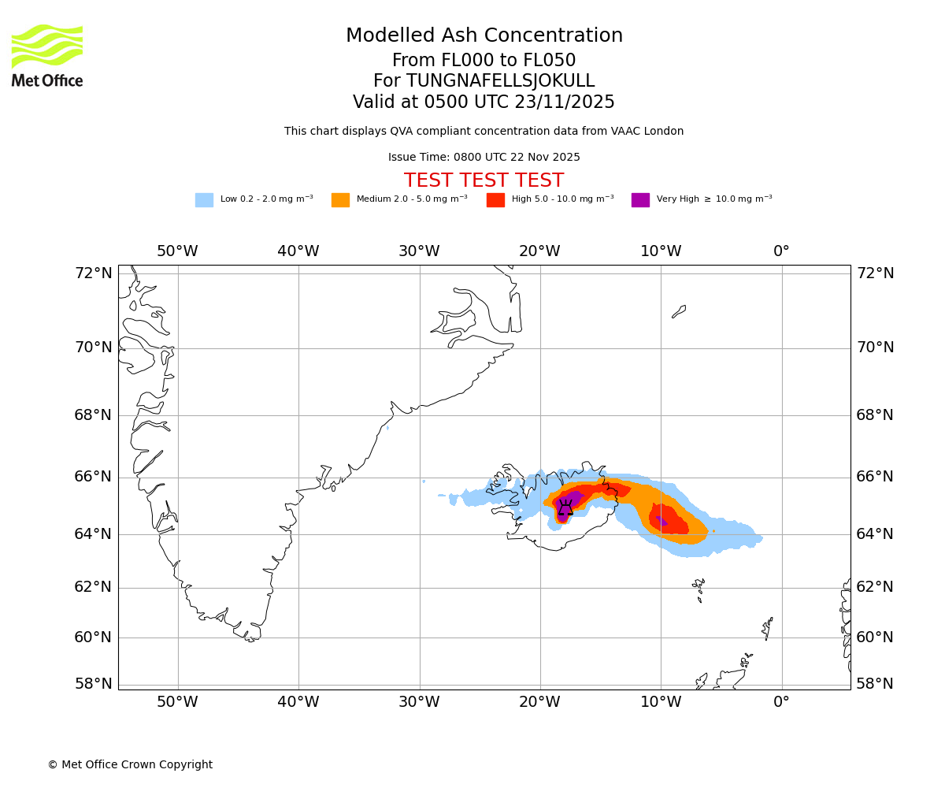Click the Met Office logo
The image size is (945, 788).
47,55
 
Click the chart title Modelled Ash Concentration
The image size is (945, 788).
484,35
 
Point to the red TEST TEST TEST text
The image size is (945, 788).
484,180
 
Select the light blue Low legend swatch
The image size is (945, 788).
204,199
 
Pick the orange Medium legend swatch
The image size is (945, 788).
340,199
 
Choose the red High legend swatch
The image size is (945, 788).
495,199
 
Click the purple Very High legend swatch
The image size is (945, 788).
640,199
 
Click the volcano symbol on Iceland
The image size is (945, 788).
565,508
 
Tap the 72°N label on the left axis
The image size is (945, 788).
93,273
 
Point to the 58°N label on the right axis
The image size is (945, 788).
875,683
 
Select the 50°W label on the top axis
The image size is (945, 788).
177,251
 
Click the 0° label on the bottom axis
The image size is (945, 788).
781,701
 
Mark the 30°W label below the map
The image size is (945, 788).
419,701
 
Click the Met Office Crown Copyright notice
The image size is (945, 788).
130,764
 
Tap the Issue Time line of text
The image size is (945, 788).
484,157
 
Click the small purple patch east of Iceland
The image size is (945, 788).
661,520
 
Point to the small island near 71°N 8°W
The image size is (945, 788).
679,311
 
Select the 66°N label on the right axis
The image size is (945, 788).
875,477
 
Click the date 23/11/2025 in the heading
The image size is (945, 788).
565,102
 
